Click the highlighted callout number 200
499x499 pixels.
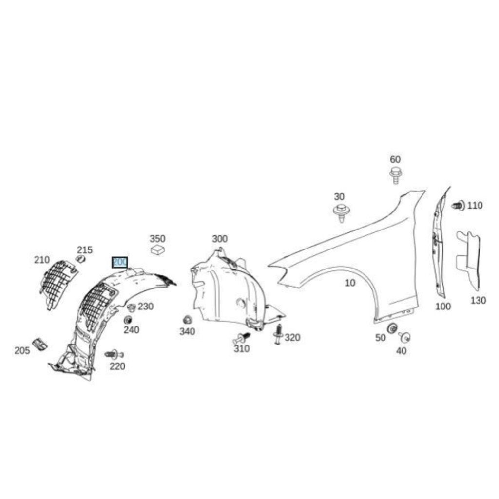click(120, 262)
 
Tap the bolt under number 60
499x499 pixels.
click(395, 175)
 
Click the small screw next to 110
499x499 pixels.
click(458, 206)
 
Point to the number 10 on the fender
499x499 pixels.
click(350, 283)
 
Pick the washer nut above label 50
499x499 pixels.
click(391, 328)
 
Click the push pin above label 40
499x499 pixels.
click(404, 336)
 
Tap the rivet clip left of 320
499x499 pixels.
click(278, 334)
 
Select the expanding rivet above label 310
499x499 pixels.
click(242, 338)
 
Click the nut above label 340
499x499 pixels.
click(187, 320)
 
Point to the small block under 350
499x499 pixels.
click(157, 250)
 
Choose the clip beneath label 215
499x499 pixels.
click(81, 258)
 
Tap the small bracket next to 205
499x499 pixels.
click(38, 344)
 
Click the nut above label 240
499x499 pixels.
click(129, 320)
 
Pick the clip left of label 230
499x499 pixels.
click(131, 307)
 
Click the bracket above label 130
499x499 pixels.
click(468, 261)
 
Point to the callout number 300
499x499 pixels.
click(219, 239)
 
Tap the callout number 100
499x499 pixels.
click(442, 307)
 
